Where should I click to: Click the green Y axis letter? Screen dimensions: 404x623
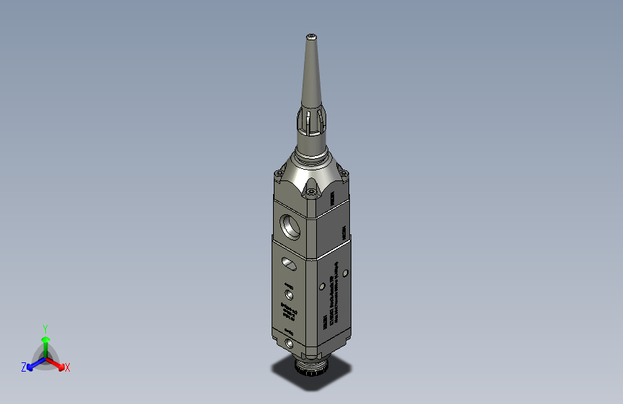pos(45,327)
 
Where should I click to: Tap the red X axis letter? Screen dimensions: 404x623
pos(68,368)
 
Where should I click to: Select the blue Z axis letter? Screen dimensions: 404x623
pos(24,367)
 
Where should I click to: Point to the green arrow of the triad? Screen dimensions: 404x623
pos(45,341)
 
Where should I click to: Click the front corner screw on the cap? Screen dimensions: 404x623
pos(310,190)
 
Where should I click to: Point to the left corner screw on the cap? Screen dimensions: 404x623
pos(277,173)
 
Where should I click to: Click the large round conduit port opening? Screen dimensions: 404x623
pos(292,225)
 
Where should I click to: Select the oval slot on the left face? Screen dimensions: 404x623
pos(290,263)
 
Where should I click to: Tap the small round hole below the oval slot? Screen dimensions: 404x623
pos(290,294)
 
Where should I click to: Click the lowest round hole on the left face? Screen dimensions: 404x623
pos(290,344)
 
